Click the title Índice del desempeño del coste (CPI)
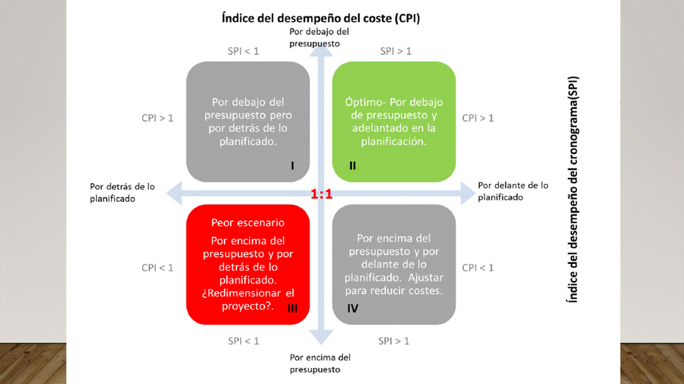(321, 18)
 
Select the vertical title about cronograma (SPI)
(572, 190)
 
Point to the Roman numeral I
(292, 166)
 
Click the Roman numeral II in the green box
(353, 166)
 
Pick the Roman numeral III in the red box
(292, 308)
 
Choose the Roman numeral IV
(353, 308)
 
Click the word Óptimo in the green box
(364, 102)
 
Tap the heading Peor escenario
(248, 222)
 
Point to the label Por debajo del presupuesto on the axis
(319, 37)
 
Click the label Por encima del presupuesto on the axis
(320, 363)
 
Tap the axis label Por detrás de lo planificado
(122, 192)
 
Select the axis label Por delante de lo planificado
(513, 191)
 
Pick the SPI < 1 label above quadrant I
(243, 51)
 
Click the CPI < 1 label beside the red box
(157, 268)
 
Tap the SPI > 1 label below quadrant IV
(394, 341)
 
